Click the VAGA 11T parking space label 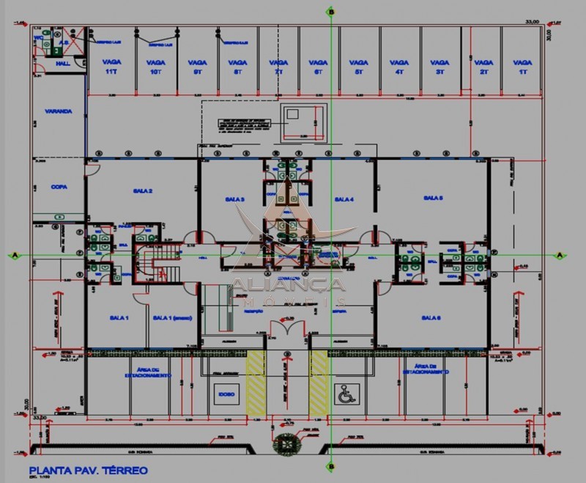[x=112, y=67]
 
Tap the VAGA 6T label [x=317, y=67]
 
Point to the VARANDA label [x=58, y=111]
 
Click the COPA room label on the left [x=59, y=187]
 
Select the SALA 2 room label [x=142, y=191]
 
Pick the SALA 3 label [x=234, y=199]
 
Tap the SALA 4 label [x=344, y=199]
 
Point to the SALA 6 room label [x=431, y=317]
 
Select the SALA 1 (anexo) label [x=170, y=317]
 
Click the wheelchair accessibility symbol [x=344, y=394]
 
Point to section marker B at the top [x=331, y=12]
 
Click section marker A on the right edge [x=560, y=255]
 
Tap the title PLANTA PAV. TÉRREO [x=88, y=470]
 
